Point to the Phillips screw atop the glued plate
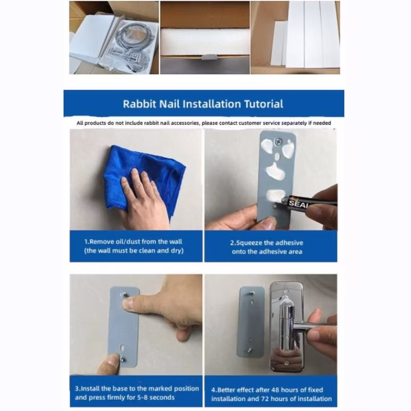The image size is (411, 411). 277,142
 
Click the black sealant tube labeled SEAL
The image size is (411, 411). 307,202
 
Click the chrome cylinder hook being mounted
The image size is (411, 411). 287,328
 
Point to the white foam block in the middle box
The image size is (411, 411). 205,42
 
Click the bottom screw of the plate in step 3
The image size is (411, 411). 122,359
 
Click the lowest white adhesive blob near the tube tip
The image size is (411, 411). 276,195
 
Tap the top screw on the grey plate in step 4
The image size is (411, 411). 252,292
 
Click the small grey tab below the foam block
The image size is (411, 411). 210,57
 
